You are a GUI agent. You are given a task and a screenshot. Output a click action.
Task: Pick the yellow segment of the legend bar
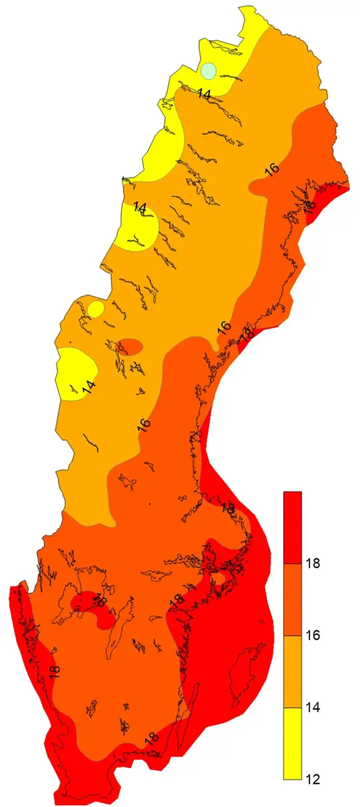tap(293, 743)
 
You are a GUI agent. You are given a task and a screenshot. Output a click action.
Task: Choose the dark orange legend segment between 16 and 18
tap(293, 599)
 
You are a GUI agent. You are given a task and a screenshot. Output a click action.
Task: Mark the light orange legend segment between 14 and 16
tap(293, 671)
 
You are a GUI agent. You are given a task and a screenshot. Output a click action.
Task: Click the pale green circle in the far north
tap(209, 70)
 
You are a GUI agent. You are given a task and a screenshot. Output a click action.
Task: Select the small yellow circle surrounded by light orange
tap(96, 309)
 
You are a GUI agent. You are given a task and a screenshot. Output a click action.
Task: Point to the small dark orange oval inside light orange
tap(131, 347)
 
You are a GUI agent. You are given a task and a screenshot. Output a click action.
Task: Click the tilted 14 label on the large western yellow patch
tap(88, 388)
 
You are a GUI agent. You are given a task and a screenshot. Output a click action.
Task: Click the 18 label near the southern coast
tap(151, 738)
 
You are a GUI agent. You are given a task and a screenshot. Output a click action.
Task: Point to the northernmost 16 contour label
tap(272, 169)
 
